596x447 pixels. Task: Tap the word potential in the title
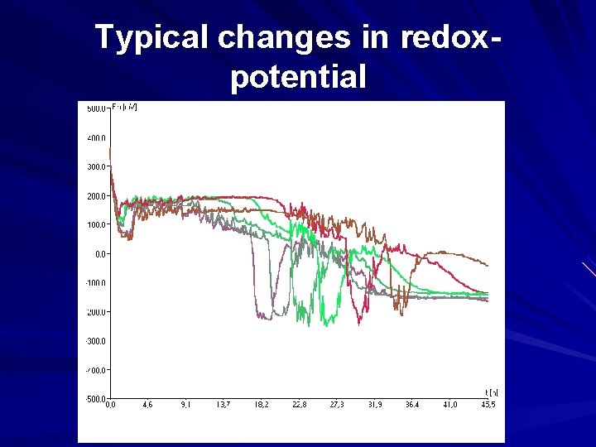point(297,77)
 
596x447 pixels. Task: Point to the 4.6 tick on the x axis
point(148,406)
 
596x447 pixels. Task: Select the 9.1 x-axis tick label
point(185,406)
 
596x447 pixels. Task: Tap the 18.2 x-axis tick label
point(261,406)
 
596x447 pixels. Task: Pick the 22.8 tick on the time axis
point(299,406)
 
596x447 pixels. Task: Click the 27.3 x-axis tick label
point(337,406)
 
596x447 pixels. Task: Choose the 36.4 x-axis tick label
point(412,406)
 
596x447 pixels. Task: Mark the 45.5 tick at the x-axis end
point(488,406)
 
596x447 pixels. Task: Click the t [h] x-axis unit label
point(491,392)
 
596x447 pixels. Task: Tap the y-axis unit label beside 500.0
point(125,107)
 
